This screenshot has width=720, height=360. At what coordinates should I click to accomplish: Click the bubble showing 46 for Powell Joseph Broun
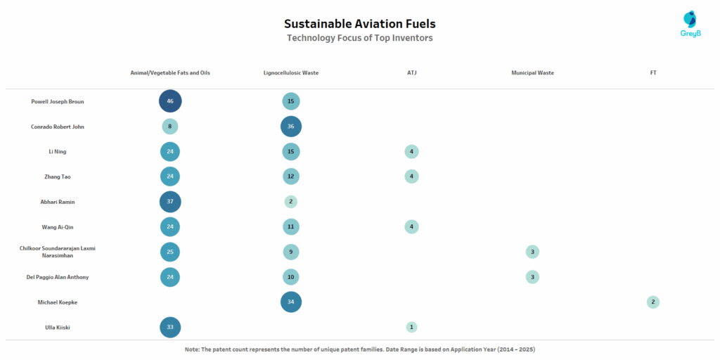click(170, 101)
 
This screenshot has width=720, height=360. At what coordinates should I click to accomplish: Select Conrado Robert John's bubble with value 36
click(291, 127)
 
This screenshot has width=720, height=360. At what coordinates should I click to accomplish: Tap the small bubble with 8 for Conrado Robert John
click(170, 127)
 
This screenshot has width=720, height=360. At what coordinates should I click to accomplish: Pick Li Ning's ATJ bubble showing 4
click(412, 152)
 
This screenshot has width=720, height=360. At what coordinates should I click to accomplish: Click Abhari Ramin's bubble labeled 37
click(170, 202)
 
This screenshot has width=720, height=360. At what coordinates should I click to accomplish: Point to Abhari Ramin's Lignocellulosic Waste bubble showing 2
click(291, 202)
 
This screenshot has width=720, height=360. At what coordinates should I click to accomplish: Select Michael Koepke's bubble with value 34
click(291, 302)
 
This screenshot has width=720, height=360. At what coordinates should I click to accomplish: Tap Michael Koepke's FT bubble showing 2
click(653, 302)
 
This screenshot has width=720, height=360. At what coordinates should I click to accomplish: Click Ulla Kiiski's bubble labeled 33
click(170, 327)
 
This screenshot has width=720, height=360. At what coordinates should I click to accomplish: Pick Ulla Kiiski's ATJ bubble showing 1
click(412, 327)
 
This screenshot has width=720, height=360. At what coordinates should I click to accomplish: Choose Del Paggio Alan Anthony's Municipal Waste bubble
click(532, 277)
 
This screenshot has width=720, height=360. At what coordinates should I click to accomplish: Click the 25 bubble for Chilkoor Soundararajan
click(170, 252)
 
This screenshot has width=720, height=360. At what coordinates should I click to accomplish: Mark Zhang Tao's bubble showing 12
click(291, 176)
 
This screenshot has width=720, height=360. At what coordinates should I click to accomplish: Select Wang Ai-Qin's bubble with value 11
click(291, 226)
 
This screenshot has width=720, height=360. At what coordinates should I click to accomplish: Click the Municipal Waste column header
click(532, 72)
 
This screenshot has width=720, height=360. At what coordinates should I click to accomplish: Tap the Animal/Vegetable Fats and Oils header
click(170, 72)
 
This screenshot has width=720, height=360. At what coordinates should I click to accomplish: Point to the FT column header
click(653, 72)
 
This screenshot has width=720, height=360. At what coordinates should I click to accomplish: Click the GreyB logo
click(691, 24)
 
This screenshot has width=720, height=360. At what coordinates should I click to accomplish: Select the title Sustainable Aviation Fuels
click(359, 24)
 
